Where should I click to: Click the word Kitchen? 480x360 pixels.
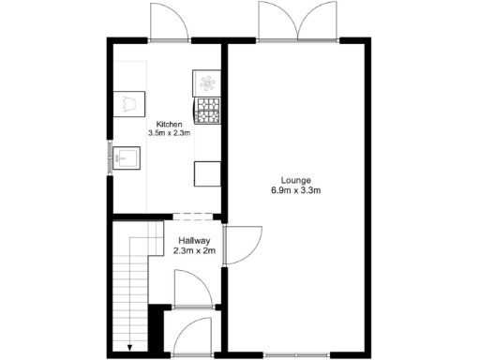[x=169, y=125]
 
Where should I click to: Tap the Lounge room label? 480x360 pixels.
[x=295, y=181]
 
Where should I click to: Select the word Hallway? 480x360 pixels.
[x=194, y=241]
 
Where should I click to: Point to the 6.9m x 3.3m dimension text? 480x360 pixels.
[x=295, y=191]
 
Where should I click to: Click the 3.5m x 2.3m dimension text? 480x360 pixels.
[x=169, y=134]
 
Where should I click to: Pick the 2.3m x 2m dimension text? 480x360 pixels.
[x=194, y=251]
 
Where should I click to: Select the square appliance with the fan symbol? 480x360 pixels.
[x=205, y=82]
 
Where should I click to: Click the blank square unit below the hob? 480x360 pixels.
[x=205, y=174]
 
